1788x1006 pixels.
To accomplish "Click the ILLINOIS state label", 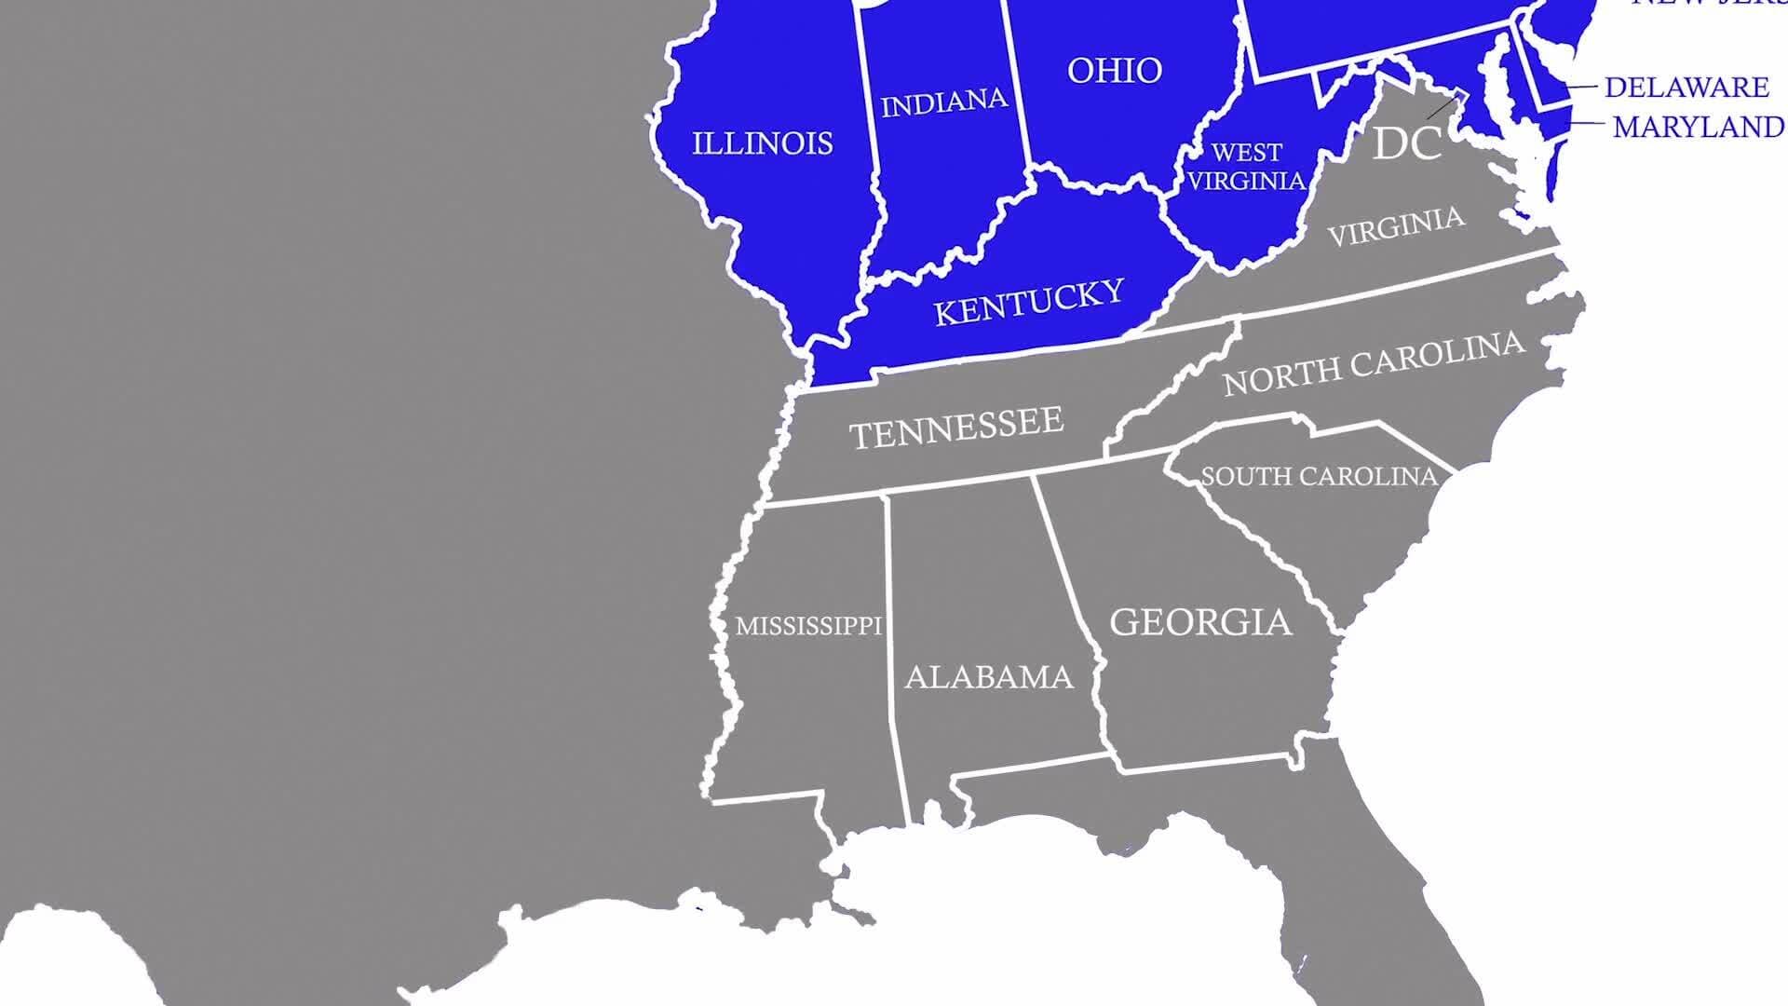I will pos(762,143).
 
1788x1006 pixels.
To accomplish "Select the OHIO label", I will pos(1114,71).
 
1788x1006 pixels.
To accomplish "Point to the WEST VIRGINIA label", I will pos(1246,167).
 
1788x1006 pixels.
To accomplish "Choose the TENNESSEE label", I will pos(955,428).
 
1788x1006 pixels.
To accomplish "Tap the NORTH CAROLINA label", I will pos(1374,363).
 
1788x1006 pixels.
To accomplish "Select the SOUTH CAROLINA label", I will pos(1319,477).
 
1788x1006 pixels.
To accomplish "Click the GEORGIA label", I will pos(1200,622).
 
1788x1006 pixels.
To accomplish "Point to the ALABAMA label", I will pos(988,677).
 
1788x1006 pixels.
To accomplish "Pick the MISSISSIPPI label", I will pos(808,626).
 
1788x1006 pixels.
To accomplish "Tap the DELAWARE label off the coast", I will pos(1686,88).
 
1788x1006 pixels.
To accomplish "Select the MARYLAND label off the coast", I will pos(1698,127).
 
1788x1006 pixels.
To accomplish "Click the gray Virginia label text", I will pos(1395,226).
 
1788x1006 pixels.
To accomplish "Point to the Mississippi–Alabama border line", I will pos(891,652).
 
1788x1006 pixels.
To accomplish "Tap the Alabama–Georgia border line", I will pos(1071,596).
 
